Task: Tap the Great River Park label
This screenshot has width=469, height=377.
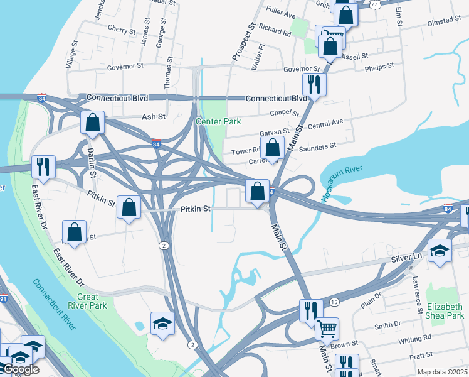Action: pos(92,301)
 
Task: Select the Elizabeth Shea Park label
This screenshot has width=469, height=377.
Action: pos(445,312)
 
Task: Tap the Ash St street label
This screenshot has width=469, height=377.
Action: pos(153,117)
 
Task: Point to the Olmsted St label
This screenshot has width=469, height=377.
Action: pos(443,21)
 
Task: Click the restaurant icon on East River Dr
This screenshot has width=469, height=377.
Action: pos(43,166)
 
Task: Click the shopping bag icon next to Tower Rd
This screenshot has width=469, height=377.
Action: pos(272,149)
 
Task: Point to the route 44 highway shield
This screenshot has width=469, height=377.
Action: pos(375,4)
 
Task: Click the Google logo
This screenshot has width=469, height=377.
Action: pos(21,370)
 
